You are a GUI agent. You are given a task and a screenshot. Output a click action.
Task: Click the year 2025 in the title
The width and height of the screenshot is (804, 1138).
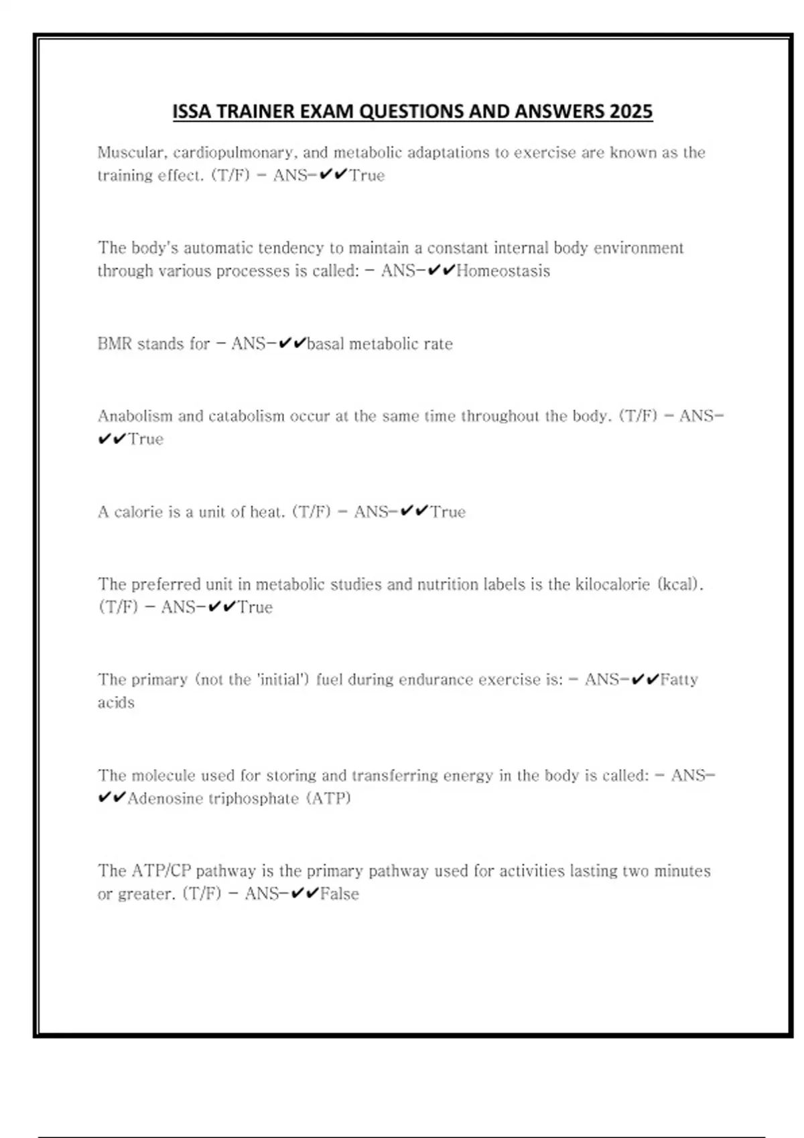[630, 111]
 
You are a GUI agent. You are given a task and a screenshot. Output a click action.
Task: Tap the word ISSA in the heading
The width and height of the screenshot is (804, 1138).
[192, 111]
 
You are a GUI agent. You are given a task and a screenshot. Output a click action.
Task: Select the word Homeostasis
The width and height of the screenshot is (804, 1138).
[503, 271]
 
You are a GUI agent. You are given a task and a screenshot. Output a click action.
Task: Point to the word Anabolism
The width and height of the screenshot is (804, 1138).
[135, 416]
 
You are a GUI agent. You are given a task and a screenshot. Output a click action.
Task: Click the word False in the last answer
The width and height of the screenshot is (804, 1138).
[340, 894]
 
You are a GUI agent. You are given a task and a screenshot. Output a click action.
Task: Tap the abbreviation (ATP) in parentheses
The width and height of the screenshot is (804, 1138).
[328, 799]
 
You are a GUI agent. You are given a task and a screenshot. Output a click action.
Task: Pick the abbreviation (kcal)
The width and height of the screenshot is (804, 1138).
[680, 584]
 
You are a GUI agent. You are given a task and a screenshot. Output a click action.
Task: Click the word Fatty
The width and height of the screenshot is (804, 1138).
[679, 680]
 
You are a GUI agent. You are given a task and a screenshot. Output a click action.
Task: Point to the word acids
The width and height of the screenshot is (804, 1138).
[116, 703]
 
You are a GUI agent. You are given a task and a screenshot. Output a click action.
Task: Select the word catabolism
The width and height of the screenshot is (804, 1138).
[247, 416]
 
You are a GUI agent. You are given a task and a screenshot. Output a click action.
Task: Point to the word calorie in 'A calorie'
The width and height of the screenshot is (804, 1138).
[139, 512]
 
